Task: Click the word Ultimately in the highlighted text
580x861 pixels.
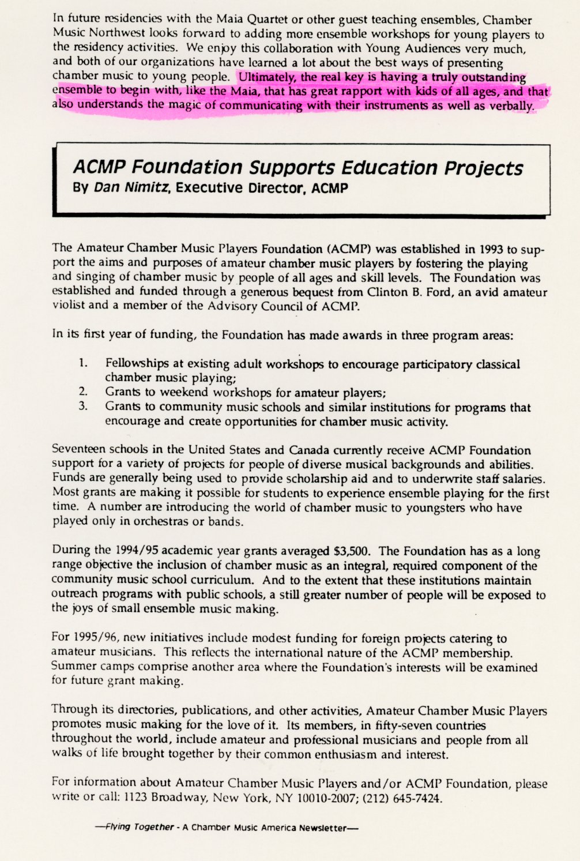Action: click(x=265, y=77)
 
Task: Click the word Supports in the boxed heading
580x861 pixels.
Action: click(x=292, y=168)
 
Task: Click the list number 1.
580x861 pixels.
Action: click(x=83, y=364)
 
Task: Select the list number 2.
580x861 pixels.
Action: click(x=83, y=393)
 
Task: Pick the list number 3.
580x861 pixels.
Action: click(x=83, y=407)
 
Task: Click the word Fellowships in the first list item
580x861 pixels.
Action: click(x=137, y=364)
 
